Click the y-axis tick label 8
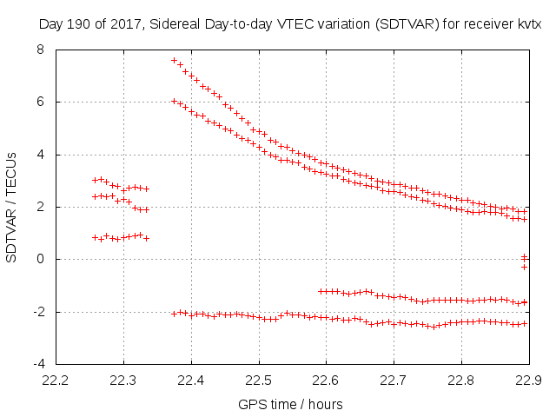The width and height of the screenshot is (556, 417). coord(40,50)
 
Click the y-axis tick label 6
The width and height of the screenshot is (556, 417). coord(40,102)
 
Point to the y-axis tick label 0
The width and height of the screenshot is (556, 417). coord(40,259)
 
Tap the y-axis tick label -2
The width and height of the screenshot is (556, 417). coord(37,311)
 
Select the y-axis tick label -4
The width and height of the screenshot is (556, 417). coord(37,363)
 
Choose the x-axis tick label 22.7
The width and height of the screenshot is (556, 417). coord(394,381)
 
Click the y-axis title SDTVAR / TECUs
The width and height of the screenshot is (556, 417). coord(12,207)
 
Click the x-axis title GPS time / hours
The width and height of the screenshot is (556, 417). coord(290,404)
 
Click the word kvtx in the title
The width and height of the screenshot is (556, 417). coord(528,24)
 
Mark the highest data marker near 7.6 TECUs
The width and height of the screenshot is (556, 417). coord(174,60)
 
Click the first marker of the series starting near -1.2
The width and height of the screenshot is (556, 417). coord(321,291)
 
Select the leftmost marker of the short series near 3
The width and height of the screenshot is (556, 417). coord(95,180)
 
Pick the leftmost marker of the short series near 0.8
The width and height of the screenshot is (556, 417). coord(95,237)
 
